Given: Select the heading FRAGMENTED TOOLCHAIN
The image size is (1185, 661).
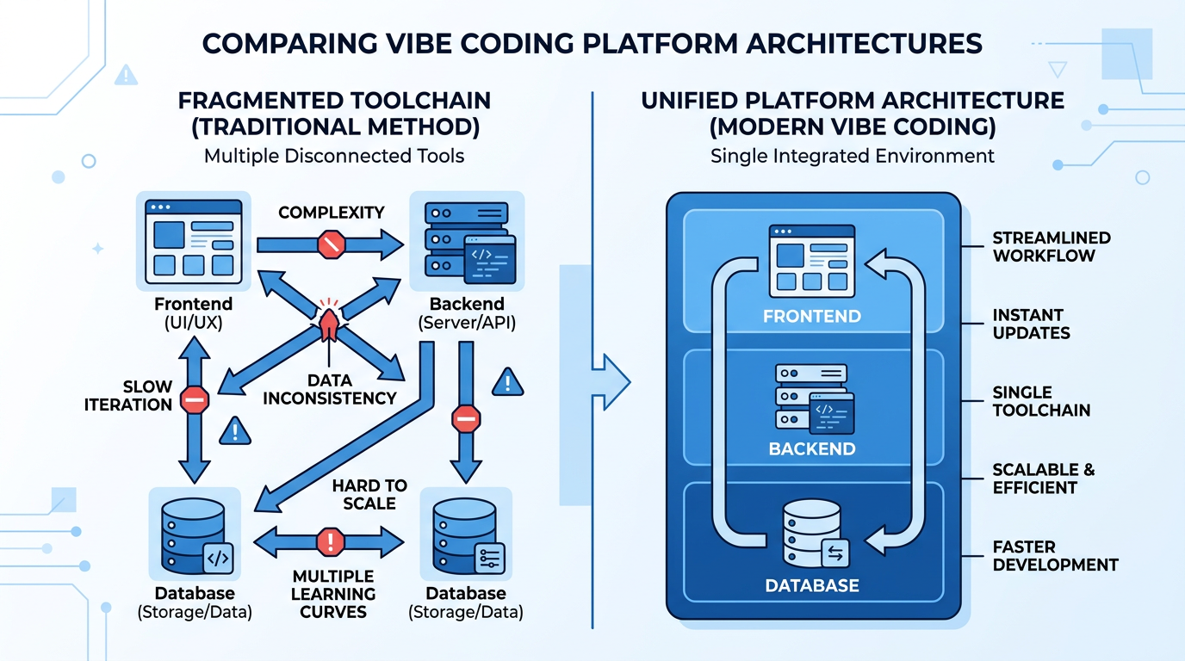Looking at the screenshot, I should [x=334, y=101].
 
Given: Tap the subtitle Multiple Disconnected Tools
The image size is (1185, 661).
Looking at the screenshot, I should [x=334, y=156].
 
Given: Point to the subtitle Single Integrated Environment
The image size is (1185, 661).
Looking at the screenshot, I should [x=853, y=156].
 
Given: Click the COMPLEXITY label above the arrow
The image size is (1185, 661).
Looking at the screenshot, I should [x=331, y=213].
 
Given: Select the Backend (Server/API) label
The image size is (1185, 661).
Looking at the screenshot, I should [x=466, y=313].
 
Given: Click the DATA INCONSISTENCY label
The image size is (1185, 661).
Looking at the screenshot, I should [x=330, y=388].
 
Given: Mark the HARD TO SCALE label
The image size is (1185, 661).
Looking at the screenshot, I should [x=369, y=494].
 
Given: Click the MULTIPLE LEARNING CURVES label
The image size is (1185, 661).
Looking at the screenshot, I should [x=332, y=594].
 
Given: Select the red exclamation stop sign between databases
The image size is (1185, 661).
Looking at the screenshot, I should [x=331, y=541].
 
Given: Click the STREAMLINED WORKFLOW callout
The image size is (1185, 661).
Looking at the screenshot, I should [x=1051, y=246].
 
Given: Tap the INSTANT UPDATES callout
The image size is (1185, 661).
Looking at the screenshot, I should [x=1031, y=324].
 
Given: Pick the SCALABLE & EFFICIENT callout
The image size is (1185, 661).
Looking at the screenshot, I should [x=1043, y=479].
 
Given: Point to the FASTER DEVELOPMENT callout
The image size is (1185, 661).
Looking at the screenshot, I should [x=1055, y=556].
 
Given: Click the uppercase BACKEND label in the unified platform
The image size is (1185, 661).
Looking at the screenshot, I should [x=811, y=448].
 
